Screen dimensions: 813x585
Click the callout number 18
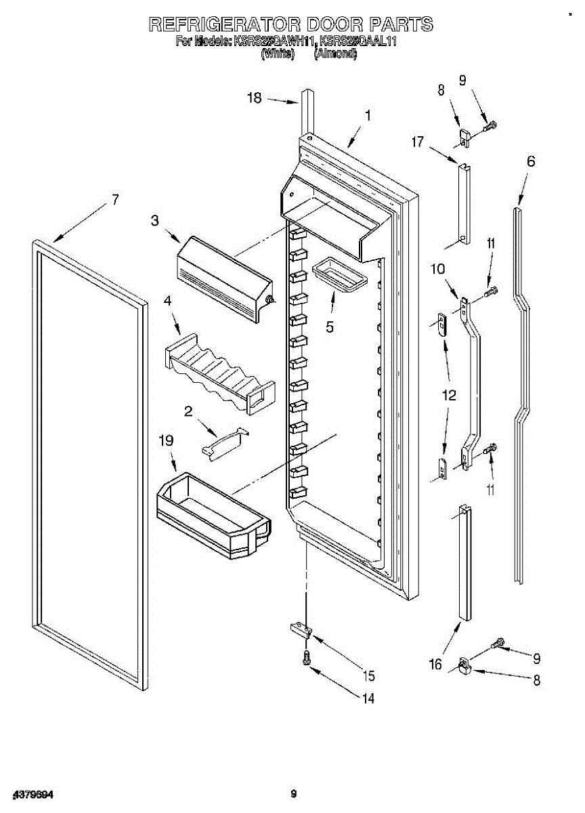[254, 98]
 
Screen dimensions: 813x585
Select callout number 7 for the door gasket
[115, 199]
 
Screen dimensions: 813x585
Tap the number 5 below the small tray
[330, 327]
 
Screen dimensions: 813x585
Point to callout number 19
[167, 441]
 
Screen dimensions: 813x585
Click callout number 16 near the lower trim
[435, 664]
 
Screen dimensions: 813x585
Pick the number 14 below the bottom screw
[368, 699]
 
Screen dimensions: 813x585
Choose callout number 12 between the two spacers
[448, 396]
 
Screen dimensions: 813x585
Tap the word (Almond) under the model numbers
[335, 54]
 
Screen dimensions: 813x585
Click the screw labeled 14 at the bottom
[306, 656]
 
